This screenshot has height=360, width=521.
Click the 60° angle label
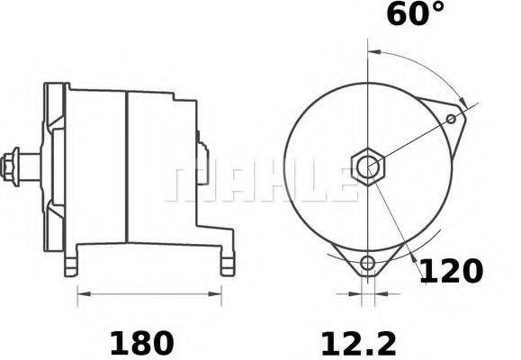coord(415,15)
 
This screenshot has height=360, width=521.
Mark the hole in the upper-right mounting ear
coord(451,117)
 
